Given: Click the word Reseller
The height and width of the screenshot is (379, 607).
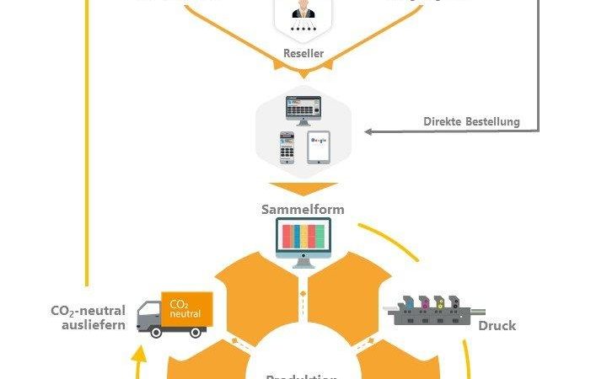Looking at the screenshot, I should (x=303, y=53).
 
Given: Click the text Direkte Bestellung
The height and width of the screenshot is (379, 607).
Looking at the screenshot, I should (x=471, y=122).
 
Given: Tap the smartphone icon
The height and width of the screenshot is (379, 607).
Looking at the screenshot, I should (x=287, y=147).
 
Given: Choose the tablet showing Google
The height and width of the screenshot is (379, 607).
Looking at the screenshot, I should (x=319, y=147).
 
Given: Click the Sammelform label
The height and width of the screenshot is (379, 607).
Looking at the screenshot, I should (x=303, y=209).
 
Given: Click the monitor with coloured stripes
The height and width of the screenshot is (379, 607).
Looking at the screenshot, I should (x=303, y=239).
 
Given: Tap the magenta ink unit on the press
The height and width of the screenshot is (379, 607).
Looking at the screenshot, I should (x=426, y=302).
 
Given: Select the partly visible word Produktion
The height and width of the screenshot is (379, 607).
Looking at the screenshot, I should (x=303, y=376).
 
